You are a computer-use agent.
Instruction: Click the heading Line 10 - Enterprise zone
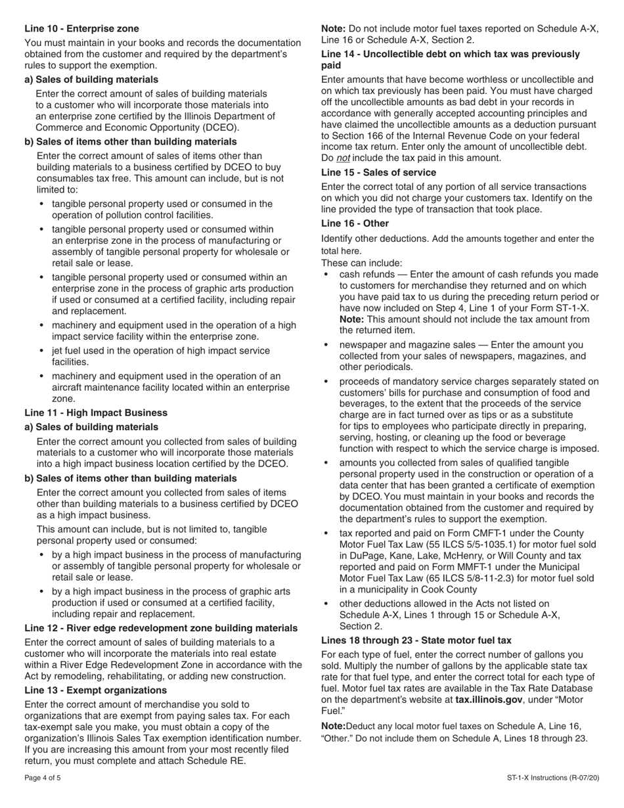tap(81, 28)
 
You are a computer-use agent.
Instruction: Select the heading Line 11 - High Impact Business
tap(96, 413)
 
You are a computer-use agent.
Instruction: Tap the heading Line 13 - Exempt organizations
tap(95, 690)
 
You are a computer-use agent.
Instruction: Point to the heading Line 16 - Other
tap(355, 223)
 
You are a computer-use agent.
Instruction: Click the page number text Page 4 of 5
tap(43, 778)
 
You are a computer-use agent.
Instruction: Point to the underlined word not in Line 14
tap(343, 158)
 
